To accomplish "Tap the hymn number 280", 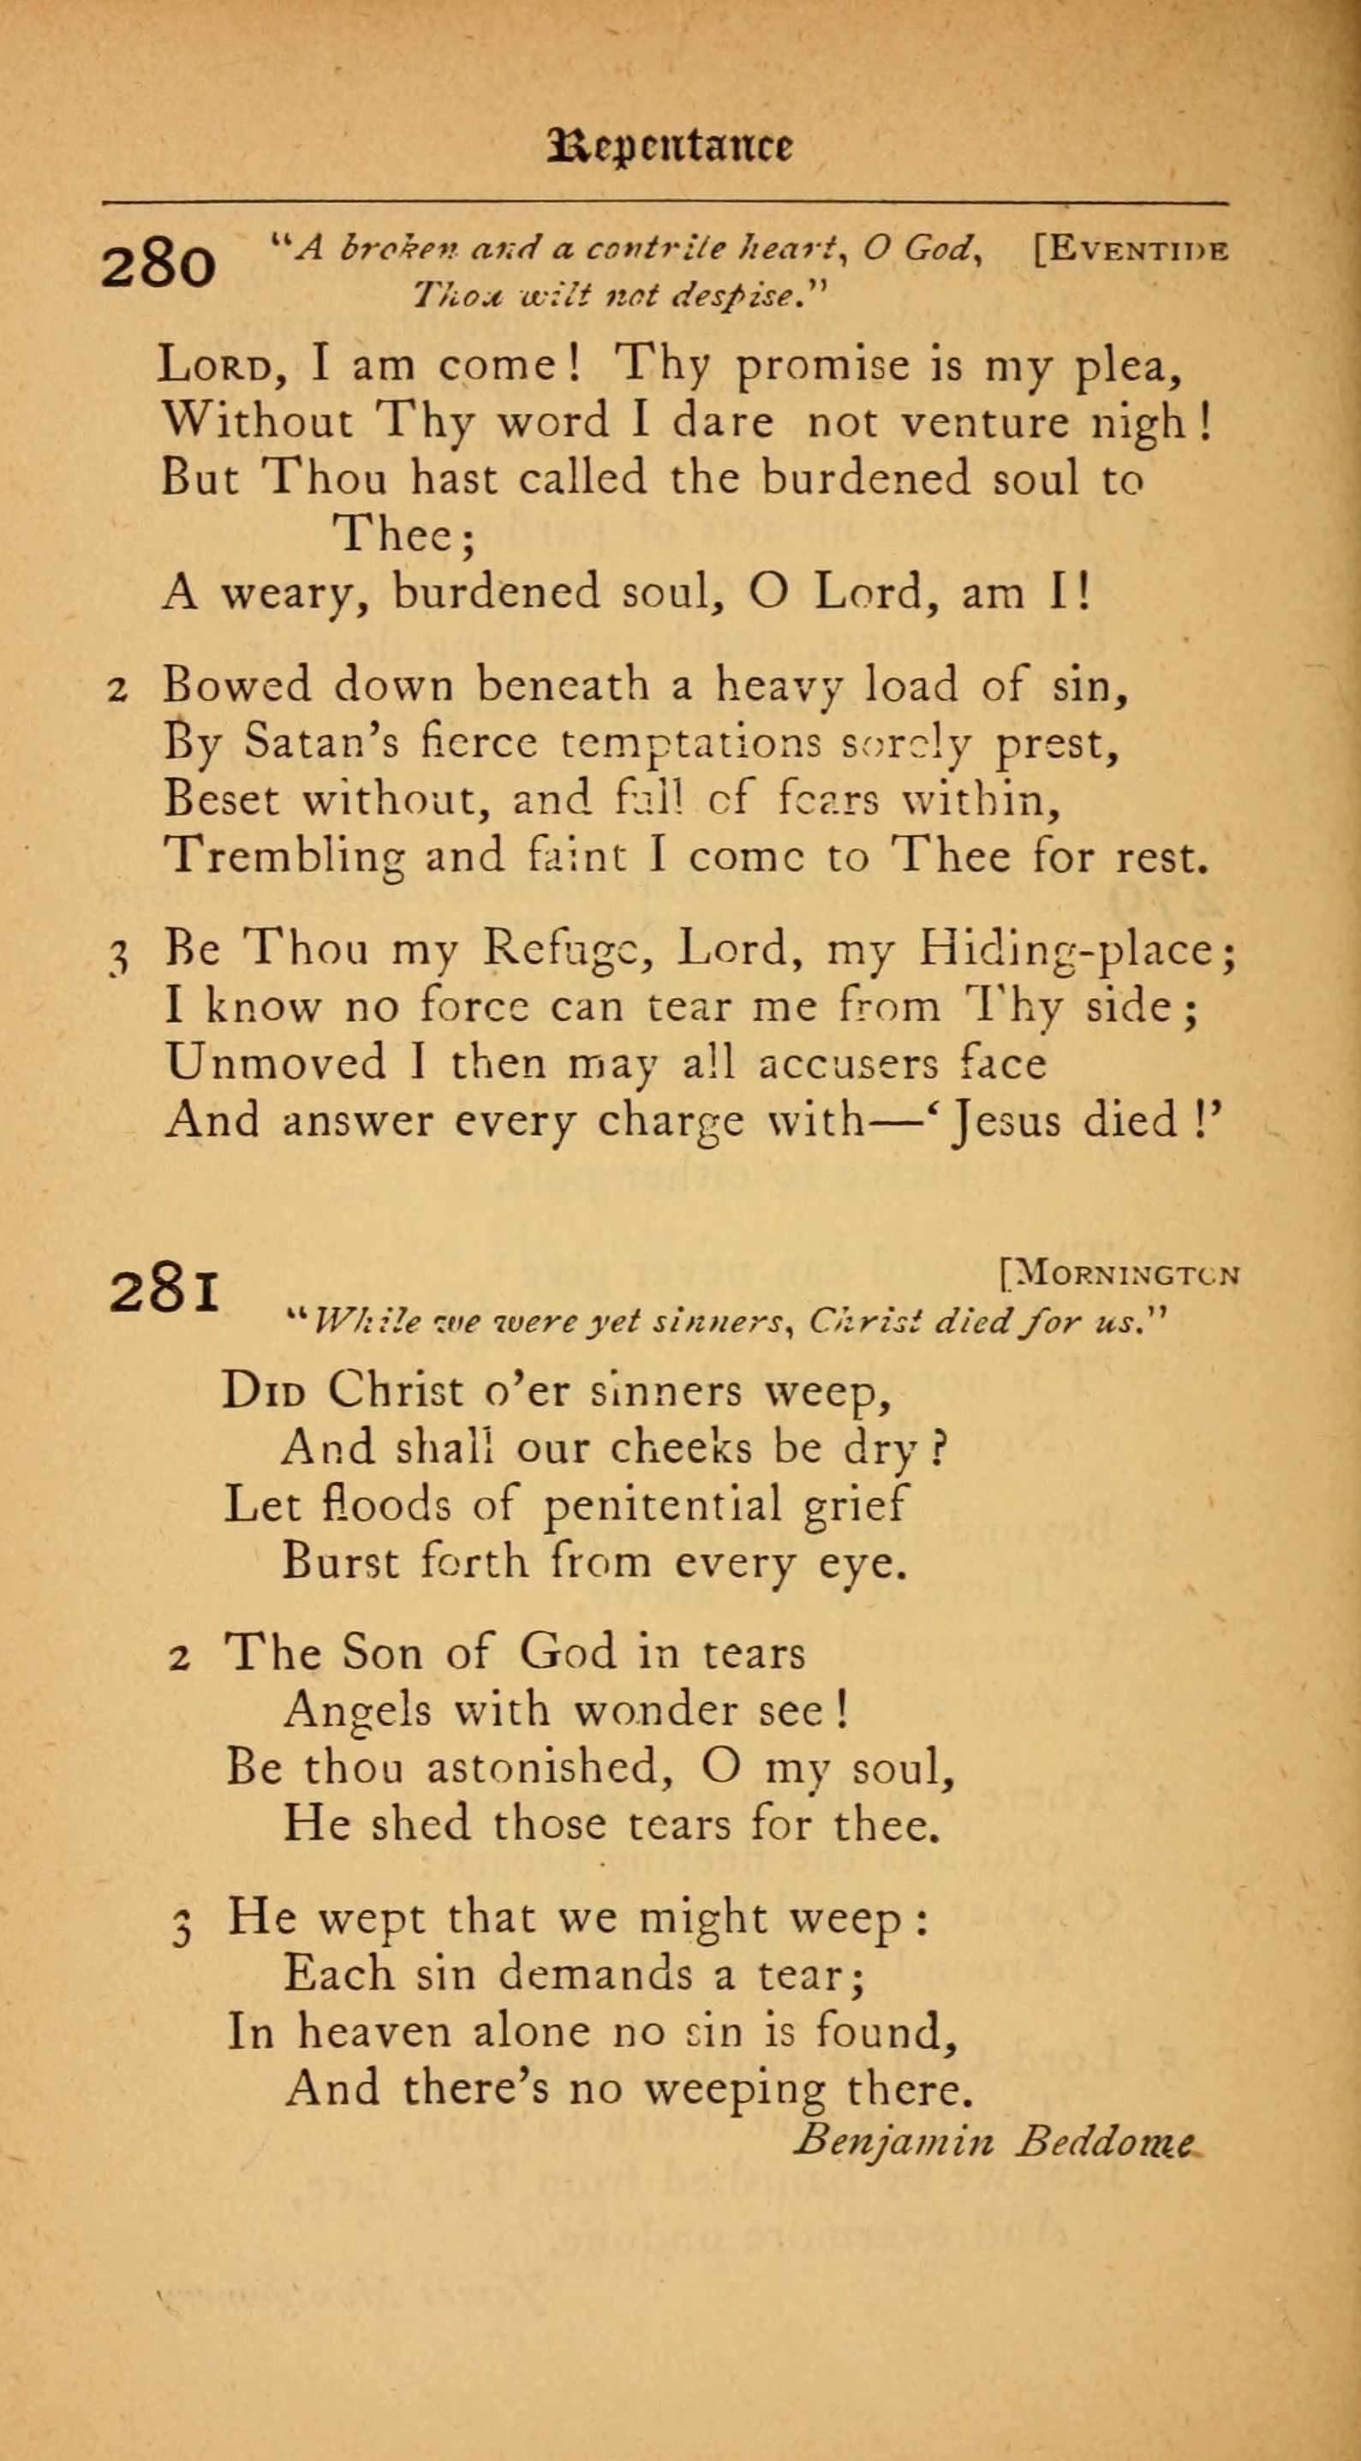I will pyautogui.click(x=158, y=265).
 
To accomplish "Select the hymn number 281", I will pyautogui.click(x=164, y=1291).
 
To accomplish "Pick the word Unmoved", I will pyautogui.click(x=276, y=1062).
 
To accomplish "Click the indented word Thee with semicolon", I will pyautogui.click(x=403, y=534).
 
